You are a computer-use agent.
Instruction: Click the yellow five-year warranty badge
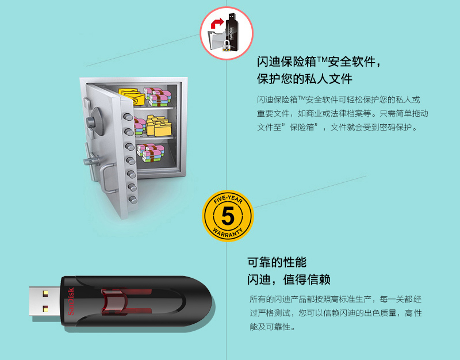(228, 216)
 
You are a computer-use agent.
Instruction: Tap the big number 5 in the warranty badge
(228, 216)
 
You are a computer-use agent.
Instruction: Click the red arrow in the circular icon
(217, 23)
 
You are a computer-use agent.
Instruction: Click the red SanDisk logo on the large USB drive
(71, 301)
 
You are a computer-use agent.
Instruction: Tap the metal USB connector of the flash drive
(45, 301)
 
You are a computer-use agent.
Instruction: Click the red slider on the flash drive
(114, 301)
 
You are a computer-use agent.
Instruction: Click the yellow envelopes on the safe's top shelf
(132, 96)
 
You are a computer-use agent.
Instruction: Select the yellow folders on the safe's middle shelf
(159, 125)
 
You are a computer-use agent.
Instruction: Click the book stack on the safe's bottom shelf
(151, 152)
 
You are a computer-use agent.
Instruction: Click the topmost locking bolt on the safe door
(128, 117)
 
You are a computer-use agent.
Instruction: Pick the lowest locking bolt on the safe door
(133, 200)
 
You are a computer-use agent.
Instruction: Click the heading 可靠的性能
(277, 262)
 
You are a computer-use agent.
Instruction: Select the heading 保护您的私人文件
(305, 79)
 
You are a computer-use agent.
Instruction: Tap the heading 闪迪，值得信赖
(289, 279)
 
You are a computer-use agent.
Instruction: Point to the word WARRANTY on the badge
(228, 233)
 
